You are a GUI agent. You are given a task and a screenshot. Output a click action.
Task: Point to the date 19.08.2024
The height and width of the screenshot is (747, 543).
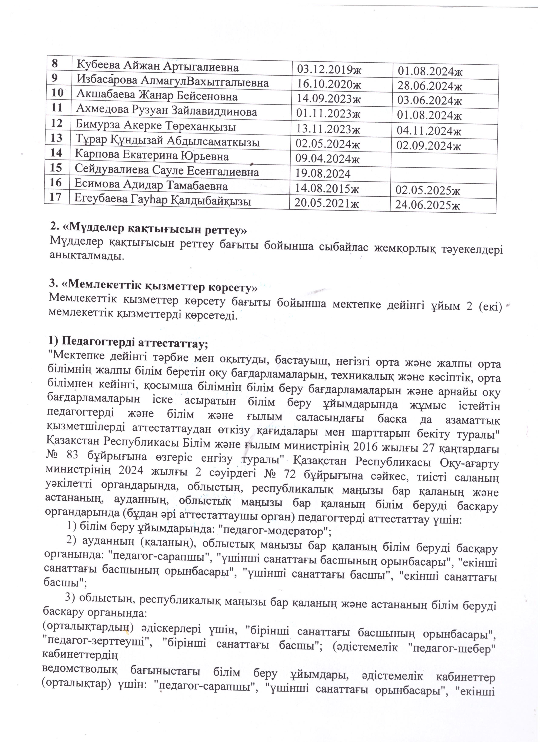coord(323,174)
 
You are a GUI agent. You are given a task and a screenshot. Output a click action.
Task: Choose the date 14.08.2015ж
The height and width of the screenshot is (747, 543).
coord(327,188)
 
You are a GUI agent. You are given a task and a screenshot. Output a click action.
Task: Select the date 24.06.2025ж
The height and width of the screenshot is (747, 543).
coord(427,205)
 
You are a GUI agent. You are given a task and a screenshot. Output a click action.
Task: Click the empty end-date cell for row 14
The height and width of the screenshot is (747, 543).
coord(443,161)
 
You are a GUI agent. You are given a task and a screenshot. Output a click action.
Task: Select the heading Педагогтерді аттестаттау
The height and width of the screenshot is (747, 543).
coord(129,343)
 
